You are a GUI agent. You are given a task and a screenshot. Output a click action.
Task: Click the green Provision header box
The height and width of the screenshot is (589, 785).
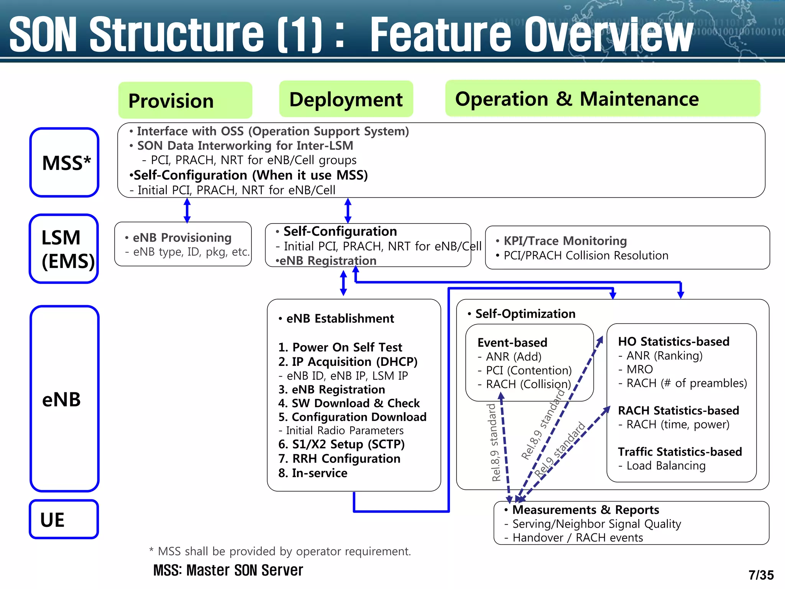coord(185,100)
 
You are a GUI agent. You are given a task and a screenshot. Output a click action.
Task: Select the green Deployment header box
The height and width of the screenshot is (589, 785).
coord(346,99)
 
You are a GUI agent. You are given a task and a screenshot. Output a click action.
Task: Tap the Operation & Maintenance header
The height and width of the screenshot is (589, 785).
coord(602,99)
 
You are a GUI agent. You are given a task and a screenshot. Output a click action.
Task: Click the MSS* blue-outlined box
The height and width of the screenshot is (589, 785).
coord(64,163)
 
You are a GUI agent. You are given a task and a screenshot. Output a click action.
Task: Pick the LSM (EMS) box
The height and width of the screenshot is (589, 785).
coord(64,249)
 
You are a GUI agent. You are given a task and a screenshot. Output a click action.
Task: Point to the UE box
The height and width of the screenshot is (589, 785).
coord(64,519)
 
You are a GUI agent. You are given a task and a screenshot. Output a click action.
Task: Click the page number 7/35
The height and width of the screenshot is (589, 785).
coord(761,575)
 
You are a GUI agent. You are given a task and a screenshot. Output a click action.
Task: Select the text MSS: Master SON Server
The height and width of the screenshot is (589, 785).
coord(228,570)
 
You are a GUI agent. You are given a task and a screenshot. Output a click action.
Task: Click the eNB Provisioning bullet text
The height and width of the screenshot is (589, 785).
coord(182,238)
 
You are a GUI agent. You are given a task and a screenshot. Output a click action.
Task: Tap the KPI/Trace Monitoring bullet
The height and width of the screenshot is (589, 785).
coord(565,241)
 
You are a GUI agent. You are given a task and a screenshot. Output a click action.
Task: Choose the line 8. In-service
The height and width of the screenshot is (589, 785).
coord(313,473)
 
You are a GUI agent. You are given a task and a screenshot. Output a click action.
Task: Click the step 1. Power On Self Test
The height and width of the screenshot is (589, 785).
coord(340,347)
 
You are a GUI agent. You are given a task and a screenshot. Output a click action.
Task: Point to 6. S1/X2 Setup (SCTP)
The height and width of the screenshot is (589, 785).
coord(341,444)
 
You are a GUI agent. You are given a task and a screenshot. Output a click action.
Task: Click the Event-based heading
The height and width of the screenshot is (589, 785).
coord(512,342)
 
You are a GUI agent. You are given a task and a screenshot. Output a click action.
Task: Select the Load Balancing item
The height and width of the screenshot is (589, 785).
coord(666,466)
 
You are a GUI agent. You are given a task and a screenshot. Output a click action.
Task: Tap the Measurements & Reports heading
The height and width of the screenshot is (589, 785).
coord(585,510)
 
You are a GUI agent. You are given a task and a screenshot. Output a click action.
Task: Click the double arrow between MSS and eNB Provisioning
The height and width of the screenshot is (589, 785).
coord(187,210)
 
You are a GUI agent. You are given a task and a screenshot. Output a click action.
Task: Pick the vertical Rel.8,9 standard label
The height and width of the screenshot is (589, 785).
coord(495,443)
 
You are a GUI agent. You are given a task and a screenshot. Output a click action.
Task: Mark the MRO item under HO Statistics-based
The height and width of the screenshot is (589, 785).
coord(639,369)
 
